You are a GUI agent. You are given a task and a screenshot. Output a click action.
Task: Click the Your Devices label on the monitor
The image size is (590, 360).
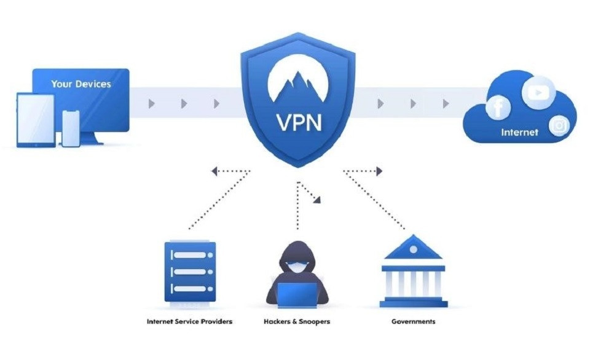click(x=81, y=84)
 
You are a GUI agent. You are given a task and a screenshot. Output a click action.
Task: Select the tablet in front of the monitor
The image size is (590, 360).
click(x=35, y=120)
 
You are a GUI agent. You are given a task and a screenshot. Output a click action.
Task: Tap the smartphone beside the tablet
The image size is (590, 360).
click(x=71, y=128)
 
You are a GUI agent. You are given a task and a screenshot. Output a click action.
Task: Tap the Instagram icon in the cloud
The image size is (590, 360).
click(x=559, y=126)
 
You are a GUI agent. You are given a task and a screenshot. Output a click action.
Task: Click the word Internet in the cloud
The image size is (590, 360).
click(x=519, y=132)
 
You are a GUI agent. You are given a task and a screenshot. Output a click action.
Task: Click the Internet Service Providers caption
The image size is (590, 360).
click(x=189, y=321)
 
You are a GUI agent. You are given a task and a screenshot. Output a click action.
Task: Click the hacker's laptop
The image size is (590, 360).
click(x=297, y=295)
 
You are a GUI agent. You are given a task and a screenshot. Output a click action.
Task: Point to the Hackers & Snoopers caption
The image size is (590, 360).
click(x=296, y=321)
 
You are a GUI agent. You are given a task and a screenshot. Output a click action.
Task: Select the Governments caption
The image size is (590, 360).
click(x=413, y=321)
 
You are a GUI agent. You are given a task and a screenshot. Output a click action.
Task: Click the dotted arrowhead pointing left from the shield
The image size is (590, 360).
click(x=214, y=171)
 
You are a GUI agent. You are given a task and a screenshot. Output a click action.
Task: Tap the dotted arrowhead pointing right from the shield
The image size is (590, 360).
click(x=379, y=171)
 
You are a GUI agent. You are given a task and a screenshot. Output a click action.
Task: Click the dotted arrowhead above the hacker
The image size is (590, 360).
click(x=317, y=198)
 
